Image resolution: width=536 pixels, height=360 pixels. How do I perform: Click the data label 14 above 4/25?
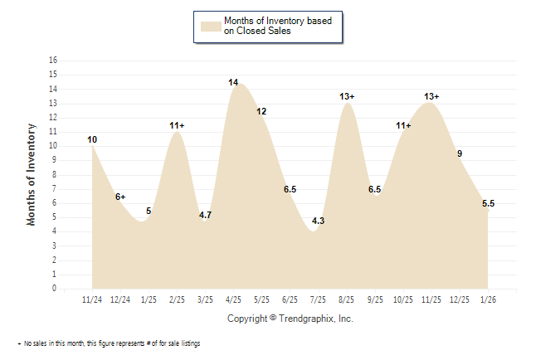[233, 83]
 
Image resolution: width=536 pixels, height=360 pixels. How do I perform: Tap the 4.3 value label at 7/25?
[318, 221]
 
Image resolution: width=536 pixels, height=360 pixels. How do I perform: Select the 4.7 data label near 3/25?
[205, 216]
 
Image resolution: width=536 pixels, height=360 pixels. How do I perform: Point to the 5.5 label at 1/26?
[488, 204]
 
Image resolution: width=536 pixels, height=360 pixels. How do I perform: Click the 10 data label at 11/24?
[92, 139]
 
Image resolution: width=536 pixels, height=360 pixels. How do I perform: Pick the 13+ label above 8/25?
[347, 97]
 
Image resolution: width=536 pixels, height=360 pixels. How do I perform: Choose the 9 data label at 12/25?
[460, 153]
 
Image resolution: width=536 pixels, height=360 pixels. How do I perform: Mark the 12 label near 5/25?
[261, 111]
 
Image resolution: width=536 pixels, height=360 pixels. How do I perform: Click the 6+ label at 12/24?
[120, 197]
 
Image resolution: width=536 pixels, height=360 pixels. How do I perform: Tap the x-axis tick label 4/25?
[233, 299]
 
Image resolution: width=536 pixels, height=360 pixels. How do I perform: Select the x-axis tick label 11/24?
[92, 299]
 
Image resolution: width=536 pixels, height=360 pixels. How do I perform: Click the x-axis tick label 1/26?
[488, 299]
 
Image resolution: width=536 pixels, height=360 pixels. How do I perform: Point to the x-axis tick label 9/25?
[375, 299]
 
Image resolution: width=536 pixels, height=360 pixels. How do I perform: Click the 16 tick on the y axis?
[54, 61]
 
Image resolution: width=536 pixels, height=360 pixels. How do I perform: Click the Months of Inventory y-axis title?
[32, 174]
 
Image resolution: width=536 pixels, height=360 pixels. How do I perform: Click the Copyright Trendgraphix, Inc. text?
[290, 319]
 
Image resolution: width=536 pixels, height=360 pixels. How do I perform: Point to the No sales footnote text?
[110, 343]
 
